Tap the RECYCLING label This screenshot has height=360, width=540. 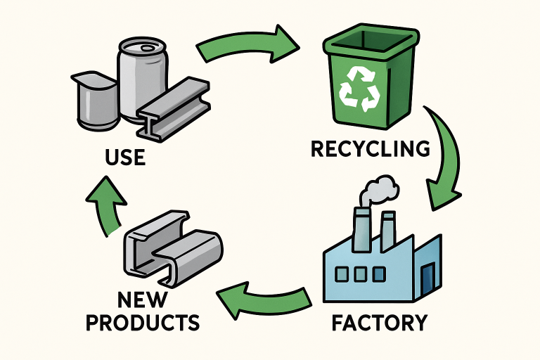pyautogui.click(x=370, y=149)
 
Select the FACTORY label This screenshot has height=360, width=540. pyautogui.click(x=378, y=323)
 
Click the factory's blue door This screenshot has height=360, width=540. pyautogui.click(x=427, y=277)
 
